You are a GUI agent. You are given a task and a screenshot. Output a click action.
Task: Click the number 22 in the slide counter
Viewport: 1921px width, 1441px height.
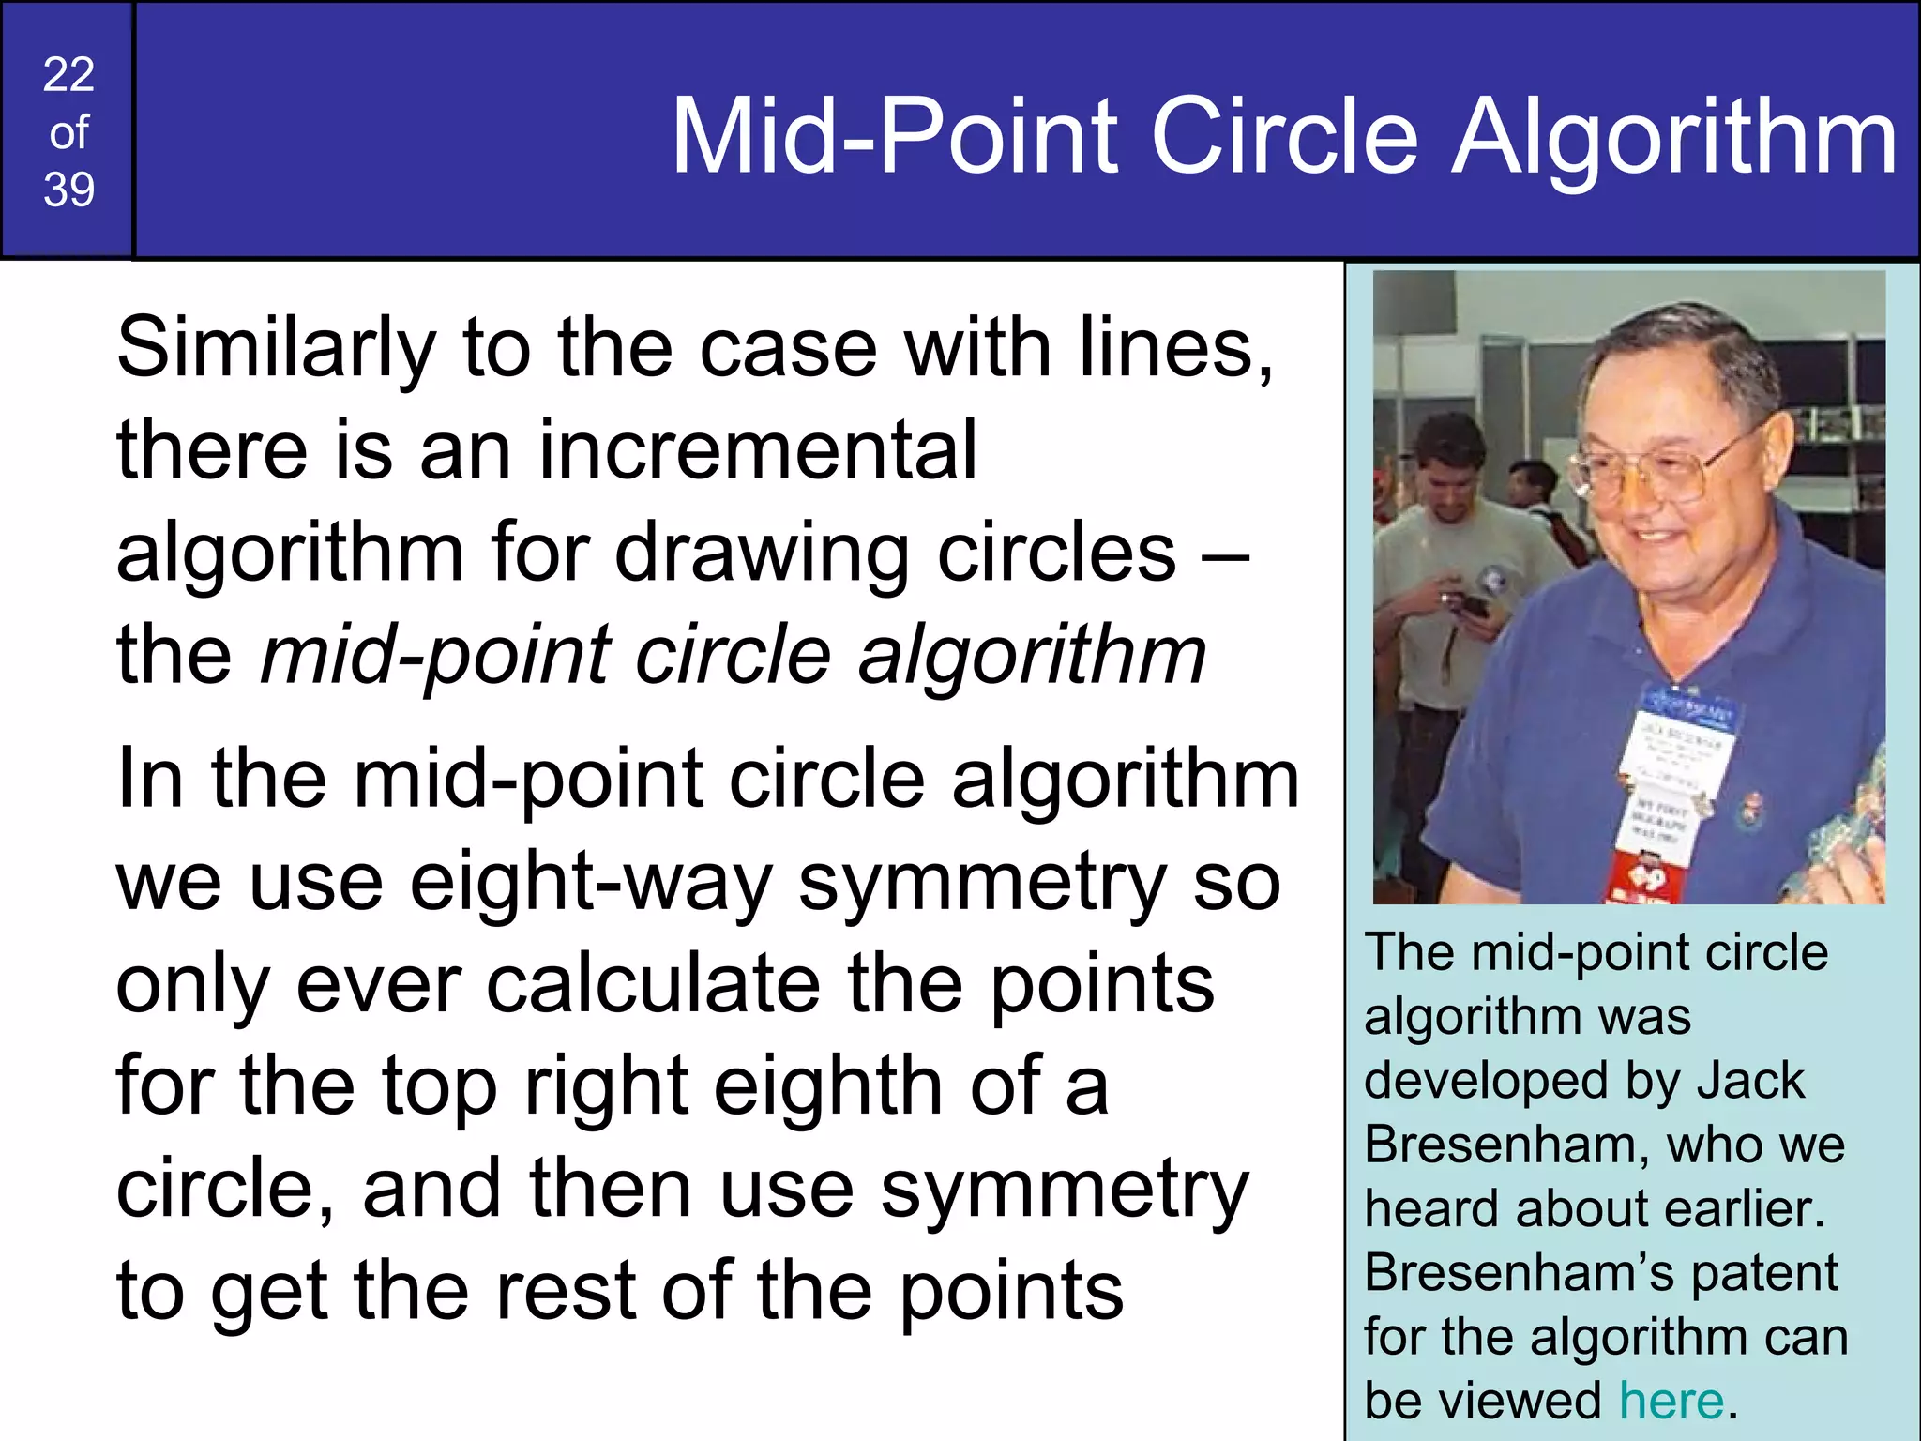68,74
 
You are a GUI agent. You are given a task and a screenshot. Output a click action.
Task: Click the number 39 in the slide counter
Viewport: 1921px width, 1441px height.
68,190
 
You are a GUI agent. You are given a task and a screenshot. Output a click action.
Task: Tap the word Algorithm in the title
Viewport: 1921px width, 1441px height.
1674,139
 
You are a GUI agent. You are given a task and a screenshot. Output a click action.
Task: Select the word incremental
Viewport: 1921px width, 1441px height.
758,450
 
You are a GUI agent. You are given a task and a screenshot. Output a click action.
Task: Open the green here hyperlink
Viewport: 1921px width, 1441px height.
1671,1401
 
